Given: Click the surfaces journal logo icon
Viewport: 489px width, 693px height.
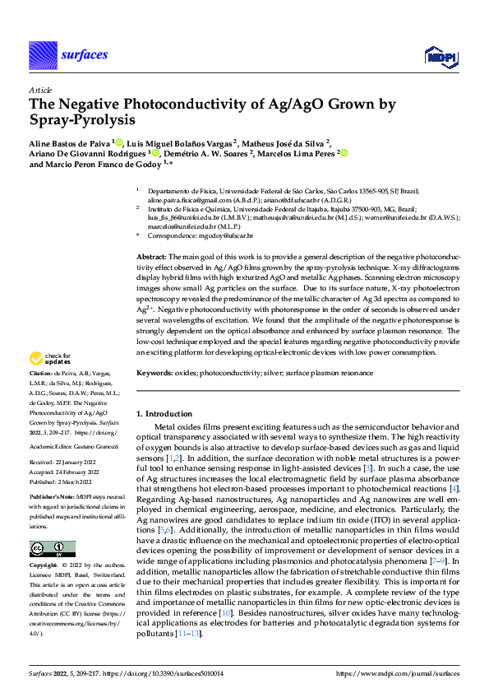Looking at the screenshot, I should click(x=42, y=55).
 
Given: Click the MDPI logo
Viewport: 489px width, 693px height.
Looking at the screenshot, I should click(x=439, y=55).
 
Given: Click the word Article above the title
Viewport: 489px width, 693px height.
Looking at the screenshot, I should click(x=40, y=91).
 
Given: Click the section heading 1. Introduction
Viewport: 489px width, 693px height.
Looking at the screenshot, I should click(x=163, y=412).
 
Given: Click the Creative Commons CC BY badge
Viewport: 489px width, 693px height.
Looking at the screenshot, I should click(x=52, y=549).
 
